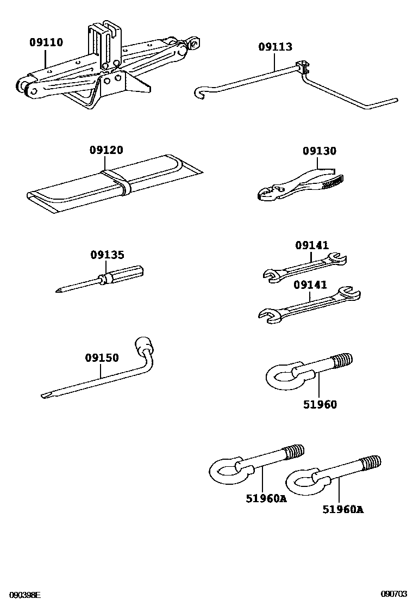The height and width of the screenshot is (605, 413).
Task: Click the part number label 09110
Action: (47, 42)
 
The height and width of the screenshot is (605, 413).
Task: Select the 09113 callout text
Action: (275, 47)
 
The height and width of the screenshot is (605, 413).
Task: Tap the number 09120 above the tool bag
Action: (107, 150)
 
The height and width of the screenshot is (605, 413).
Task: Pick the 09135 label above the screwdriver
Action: (107, 255)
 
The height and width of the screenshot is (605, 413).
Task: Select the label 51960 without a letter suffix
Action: (320, 404)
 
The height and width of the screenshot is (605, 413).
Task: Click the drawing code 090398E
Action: (24, 595)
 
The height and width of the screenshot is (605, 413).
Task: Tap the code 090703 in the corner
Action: (394, 595)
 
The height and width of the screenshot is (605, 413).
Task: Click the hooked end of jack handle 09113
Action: (199, 94)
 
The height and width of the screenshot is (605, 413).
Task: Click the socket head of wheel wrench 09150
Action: (145, 345)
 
